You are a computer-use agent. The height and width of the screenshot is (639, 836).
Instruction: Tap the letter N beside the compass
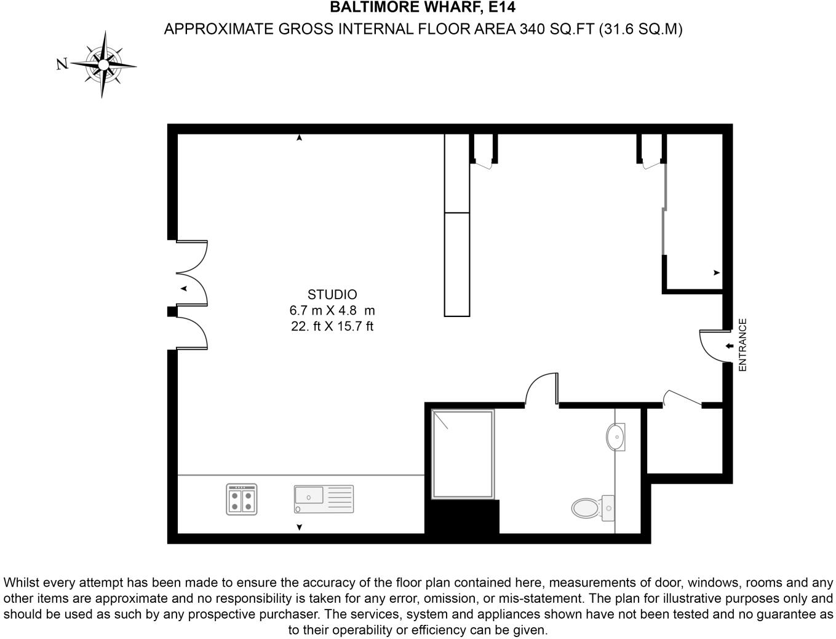[x=62, y=64]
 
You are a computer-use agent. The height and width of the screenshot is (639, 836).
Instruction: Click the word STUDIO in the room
[x=332, y=294]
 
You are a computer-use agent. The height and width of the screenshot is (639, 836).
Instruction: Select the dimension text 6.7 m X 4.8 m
[x=332, y=310]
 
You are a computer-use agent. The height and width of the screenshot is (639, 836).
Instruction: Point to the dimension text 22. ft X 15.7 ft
[x=332, y=326]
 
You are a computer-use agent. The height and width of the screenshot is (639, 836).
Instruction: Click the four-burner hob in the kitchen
[x=241, y=499]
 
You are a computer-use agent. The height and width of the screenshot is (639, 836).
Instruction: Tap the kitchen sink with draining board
[x=324, y=499]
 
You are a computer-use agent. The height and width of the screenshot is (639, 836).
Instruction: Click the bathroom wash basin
[x=615, y=437]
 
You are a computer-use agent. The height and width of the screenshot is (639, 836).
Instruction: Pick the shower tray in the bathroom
[x=463, y=454]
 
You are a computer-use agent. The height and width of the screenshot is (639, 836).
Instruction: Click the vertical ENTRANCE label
[x=742, y=345]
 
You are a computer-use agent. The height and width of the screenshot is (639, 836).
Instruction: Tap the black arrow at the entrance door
[x=729, y=347]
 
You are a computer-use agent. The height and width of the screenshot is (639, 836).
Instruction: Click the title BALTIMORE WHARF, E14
[x=423, y=8]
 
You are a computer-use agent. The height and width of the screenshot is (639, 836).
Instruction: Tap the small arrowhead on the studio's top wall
[x=299, y=138]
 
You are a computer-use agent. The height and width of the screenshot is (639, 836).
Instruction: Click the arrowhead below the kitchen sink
[x=300, y=527]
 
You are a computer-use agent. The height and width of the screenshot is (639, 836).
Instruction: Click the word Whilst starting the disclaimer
[x=22, y=582]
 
